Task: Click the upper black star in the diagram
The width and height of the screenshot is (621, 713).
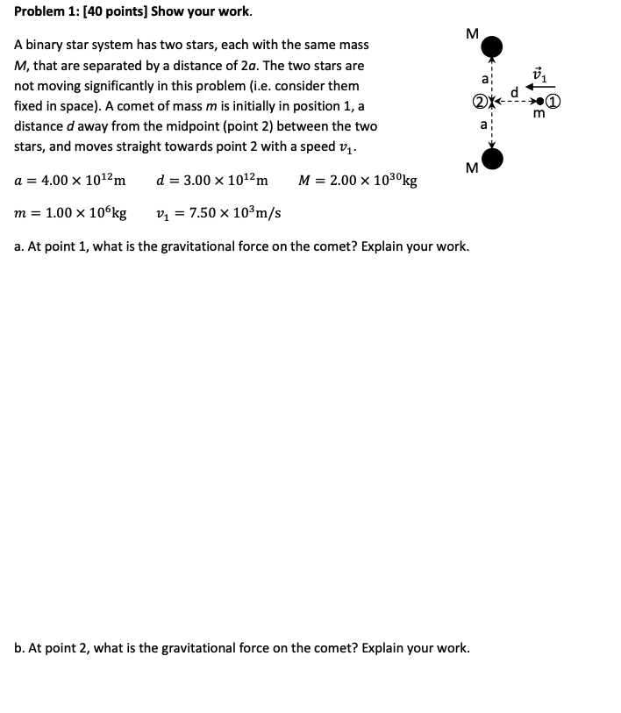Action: pyautogui.click(x=493, y=46)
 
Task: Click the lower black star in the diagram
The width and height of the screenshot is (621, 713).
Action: pyautogui.click(x=493, y=158)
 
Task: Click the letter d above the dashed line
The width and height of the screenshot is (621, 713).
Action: pyautogui.click(x=515, y=91)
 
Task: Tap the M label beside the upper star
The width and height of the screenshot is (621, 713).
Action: pyautogui.click(x=472, y=35)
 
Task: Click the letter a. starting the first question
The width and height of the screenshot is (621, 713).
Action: pyautogui.click(x=19, y=246)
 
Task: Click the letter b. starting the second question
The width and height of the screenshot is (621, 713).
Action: pyautogui.click(x=19, y=649)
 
